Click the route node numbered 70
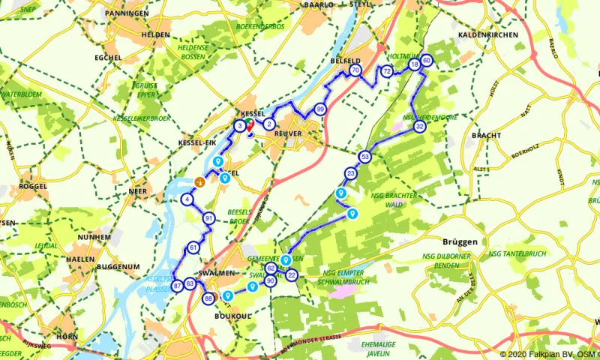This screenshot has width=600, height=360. pos(355,70)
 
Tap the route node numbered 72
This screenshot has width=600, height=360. pos(387,71)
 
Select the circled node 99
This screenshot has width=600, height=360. pos(320,109)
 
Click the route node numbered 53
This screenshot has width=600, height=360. pos(364,157)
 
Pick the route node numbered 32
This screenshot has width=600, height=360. pos(420,127)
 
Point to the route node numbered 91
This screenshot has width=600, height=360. pos(208,218)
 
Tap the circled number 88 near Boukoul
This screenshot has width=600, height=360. pos(208,299)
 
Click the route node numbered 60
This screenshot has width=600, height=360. pos(427,61)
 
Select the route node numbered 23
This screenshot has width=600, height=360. pos(351,174)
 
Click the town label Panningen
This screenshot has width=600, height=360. pos(127,13)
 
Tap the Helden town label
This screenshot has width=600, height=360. pos(154,35)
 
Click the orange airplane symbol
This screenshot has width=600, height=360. pos(199,181)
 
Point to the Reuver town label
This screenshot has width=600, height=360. pos(287,133)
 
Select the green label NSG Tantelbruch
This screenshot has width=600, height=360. pos(514,253)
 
